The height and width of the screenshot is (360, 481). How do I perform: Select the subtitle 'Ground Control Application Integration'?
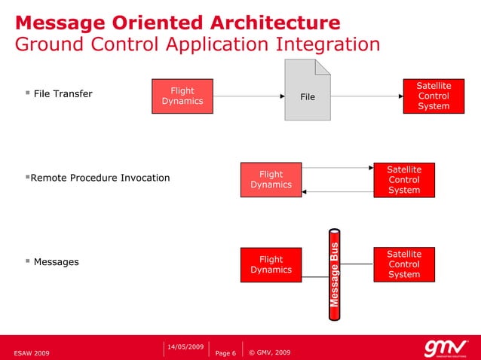tap(198, 44)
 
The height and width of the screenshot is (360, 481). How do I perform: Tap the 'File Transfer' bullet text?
tap(63, 94)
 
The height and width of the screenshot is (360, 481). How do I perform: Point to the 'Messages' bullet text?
tap(57, 262)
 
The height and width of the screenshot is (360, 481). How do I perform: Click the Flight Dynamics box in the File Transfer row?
tap(182, 96)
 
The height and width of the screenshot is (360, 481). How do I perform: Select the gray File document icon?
tap(308, 90)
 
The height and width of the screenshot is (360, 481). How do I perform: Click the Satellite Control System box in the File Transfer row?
tap(434, 96)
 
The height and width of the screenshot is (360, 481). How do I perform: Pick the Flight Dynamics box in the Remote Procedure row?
tap(271, 179)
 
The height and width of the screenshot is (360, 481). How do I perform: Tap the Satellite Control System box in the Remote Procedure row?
tap(404, 180)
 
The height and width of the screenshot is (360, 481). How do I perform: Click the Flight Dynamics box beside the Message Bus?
tap(271, 264)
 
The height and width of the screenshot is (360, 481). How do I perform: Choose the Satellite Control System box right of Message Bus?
tap(404, 264)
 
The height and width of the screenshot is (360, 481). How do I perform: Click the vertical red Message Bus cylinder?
tap(337, 275)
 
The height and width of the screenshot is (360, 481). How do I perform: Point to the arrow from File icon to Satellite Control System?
tap(366, 97)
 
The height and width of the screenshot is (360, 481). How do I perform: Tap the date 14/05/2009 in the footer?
tap(185, 346)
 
